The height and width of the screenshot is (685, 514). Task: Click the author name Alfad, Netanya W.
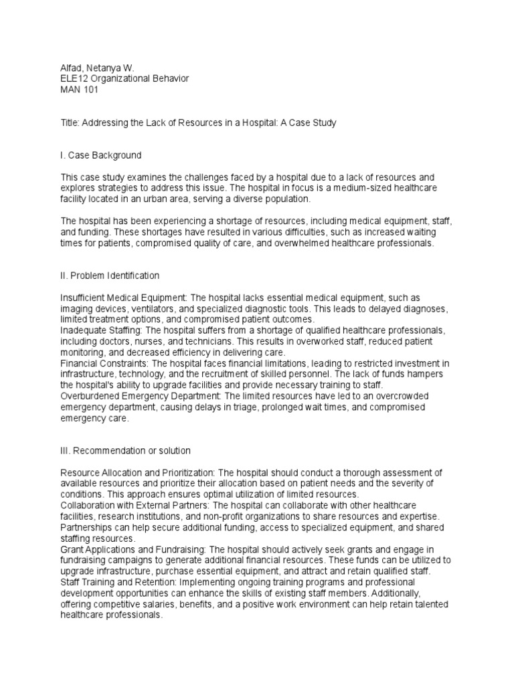pos(95,67)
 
